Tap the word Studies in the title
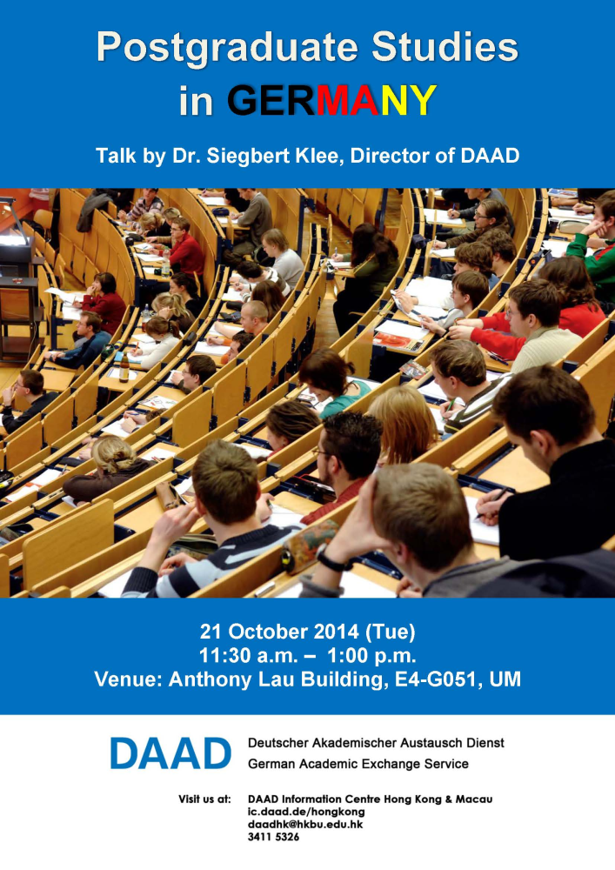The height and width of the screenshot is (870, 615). click(x=445, y=46)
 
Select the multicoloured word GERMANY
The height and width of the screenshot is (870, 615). click(x=331, y=100)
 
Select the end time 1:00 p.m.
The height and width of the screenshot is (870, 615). click(x=371, y=656)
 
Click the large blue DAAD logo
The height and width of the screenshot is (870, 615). click(x=170, y=753)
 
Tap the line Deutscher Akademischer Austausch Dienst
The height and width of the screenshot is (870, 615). click(x=376, y=743)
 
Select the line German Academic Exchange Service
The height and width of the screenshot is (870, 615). click(x=358, y=764)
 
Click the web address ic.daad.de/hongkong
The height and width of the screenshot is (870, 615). click(x=306, y=812)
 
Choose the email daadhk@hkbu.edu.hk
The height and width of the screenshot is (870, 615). click(x=305, y=825)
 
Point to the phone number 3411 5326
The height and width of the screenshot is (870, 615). click(x=273, y=837)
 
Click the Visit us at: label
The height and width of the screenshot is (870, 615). click(x=204, y=800)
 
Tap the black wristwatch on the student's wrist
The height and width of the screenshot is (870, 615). click(x=331, y=559)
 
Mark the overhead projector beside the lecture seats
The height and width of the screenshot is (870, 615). click(x=14, y=231)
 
